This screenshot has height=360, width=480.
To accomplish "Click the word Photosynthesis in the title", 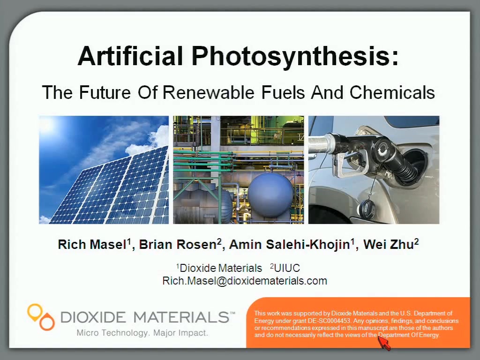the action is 296,57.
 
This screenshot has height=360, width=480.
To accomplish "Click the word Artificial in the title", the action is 130,56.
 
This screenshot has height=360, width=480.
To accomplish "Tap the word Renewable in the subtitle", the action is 209,92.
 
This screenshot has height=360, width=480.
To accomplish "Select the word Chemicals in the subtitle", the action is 392,92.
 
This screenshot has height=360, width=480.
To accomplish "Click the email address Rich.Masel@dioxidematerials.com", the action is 245,281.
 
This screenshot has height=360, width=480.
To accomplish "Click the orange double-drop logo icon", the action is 41,316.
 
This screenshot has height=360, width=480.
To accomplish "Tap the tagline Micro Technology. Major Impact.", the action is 142,333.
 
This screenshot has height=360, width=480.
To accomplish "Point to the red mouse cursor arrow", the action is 384,343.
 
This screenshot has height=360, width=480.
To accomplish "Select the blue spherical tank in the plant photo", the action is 270,192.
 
